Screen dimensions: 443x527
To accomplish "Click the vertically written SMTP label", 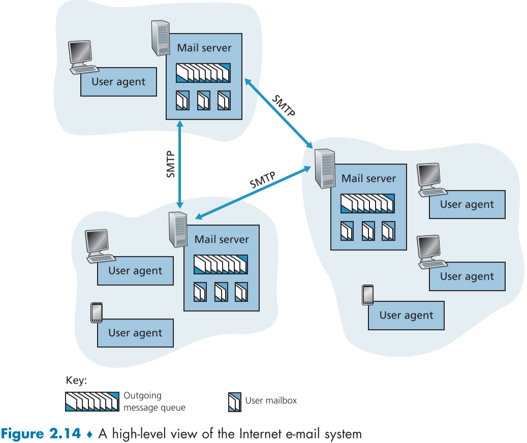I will (171, 164).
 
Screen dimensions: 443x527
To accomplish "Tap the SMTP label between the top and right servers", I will (283, 106).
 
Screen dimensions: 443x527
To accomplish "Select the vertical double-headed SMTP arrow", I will (179, 147).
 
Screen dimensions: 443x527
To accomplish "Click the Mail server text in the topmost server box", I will (204, 48).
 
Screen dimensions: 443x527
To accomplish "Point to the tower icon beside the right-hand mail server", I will (324, 169).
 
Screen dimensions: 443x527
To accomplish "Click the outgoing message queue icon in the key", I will (92, 401).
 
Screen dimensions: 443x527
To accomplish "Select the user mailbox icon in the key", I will (234, 401).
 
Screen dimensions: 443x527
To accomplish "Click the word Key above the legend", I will (76, 381).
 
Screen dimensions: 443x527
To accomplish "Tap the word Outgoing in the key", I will (142, 395).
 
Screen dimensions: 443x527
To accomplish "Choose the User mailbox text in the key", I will (271, 400).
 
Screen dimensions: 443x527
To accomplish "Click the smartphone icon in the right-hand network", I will (367, 295).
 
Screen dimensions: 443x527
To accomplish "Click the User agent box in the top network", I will (118, 82).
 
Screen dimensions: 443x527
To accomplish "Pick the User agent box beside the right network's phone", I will (406, 315).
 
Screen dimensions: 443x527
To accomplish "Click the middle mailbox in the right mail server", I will (368, 231).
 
